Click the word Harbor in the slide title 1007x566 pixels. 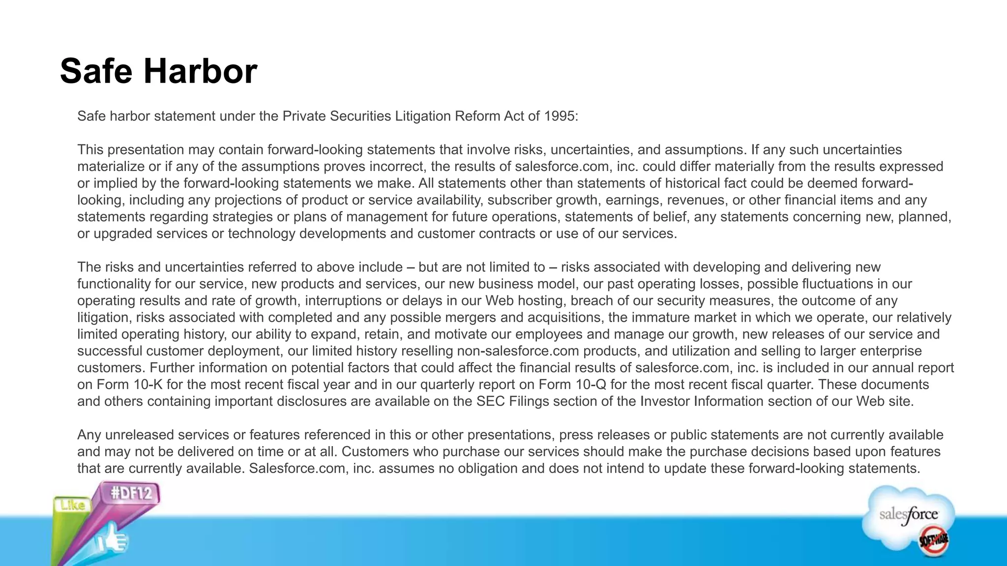pyautogui.click(x=200, y=72)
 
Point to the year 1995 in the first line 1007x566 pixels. pyautogui.click(x=560, y=116)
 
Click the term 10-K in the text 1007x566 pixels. pyautogui.click(x=148, y=385)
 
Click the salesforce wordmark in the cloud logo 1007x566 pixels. pyautogui.click(x=908, y=515)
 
